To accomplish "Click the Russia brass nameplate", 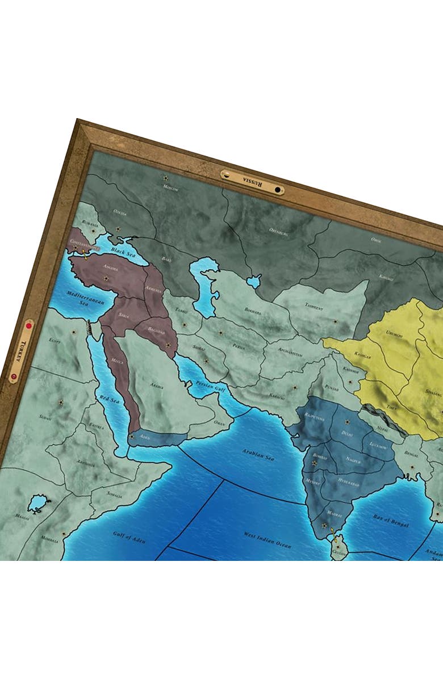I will [x=252, y=182].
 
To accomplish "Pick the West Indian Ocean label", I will [x=267, y=539].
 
